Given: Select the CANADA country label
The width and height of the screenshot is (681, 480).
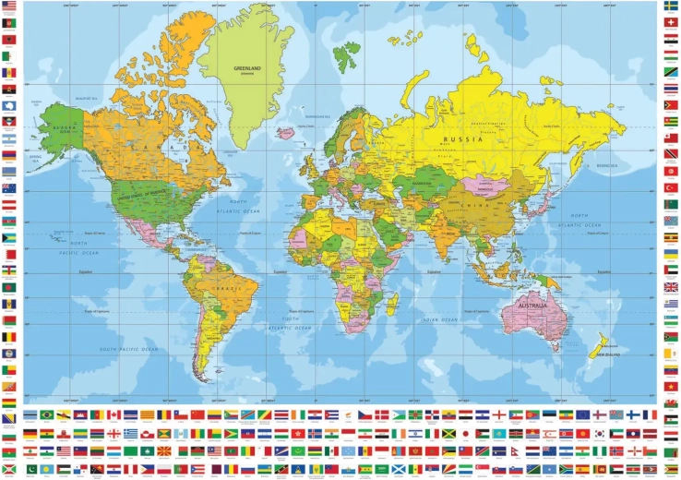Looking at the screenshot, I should tap(167, 147).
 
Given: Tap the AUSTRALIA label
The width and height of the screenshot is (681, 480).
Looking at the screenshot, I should tap(533, 306).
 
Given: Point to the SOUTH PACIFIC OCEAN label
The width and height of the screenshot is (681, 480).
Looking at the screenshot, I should tap(129, 349).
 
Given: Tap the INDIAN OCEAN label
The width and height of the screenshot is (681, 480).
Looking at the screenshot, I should tap(439, 319).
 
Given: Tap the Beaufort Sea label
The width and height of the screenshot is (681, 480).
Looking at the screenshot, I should tap(87, 97).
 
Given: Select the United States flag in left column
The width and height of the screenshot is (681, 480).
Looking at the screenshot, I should tap(9, 6).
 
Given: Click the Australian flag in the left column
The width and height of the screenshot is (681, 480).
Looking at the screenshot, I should tap(9, 187).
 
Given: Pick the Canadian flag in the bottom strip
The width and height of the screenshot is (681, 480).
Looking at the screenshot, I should tap(113, 416).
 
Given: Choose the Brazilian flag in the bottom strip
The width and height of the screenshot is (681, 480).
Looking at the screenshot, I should tap(46, 416).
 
